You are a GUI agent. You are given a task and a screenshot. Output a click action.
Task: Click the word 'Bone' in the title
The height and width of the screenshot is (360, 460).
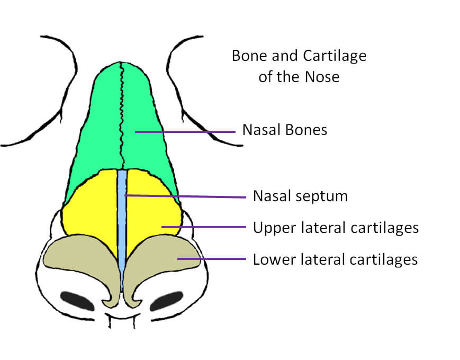point(250,56)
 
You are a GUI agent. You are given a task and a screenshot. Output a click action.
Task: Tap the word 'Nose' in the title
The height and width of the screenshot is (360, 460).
point(322,77)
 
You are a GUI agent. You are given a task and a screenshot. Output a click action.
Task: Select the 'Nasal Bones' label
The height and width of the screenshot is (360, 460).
point(285,130)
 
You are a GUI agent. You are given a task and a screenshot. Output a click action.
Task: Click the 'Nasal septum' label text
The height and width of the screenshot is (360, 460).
point(301,196)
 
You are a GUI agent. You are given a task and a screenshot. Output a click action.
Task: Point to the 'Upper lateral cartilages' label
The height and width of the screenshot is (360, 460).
point(336,228)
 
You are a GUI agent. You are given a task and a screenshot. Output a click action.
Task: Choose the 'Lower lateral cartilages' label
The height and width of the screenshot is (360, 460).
point(335,259)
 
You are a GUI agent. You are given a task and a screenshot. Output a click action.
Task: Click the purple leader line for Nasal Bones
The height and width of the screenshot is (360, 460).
point(185,132)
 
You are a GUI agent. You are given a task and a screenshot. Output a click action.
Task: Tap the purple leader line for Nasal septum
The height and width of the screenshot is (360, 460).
point(185,196)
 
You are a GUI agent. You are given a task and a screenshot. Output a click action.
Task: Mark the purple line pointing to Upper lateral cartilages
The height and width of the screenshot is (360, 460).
point(204,227)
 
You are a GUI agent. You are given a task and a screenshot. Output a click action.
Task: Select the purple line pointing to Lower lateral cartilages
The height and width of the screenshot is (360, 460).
point(212,259)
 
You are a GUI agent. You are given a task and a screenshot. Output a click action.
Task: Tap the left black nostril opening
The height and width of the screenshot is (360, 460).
point(77,301)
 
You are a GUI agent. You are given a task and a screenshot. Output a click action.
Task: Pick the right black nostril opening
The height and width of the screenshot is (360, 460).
point(166,301)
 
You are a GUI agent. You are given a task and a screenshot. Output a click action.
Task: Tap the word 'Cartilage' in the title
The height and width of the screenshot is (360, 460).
point(335,56)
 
